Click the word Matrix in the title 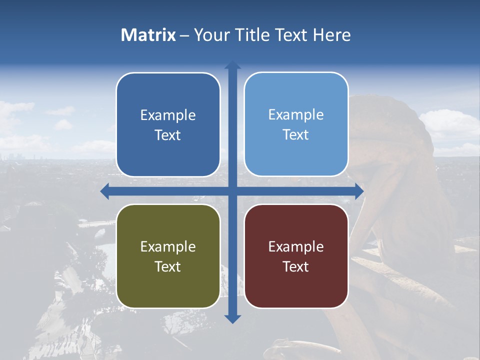coord(148,35)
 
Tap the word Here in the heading coord(331,35)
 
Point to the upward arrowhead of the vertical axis coord(232,65)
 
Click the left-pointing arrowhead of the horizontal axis coord(105,191)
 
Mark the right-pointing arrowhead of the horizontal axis coord(358,191)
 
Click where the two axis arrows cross coord(232,191)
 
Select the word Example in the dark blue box coord(168,115)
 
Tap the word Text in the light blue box coord(296,135)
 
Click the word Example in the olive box coord(168,247)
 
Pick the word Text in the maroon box coord(296,266)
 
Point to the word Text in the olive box coord(168,266)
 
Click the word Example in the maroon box coord(296,247)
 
